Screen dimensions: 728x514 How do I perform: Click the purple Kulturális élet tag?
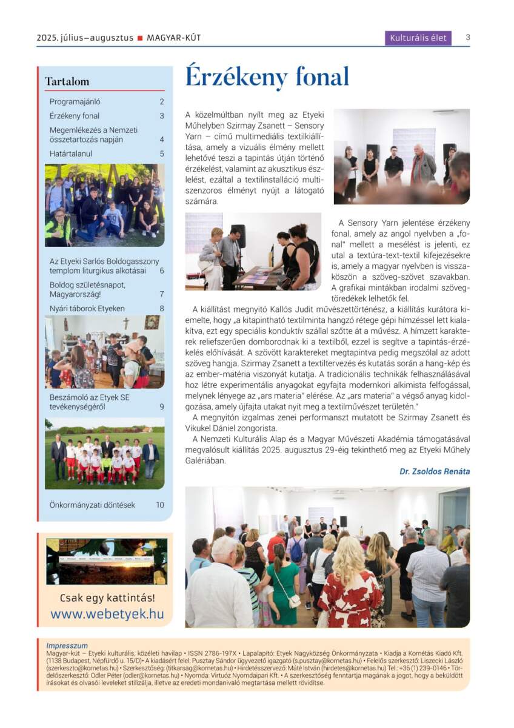[x=418, y=38]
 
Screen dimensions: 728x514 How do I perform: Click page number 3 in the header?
[x=468, y=38]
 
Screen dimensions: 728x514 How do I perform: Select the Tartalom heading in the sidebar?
[x=67, y=81]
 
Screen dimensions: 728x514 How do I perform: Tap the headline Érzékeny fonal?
[x=267, y=78]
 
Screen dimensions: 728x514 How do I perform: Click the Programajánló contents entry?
[x=75, y=102]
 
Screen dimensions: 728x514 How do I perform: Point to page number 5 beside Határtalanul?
[x=162, y=154]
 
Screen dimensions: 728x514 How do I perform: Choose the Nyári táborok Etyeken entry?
[x=87, y=308]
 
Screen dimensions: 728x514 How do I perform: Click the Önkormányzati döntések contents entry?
[x=92, y=505]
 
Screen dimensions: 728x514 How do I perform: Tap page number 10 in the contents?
[x=160, y=505]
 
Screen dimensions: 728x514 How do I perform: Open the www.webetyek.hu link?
[x=107, y=613]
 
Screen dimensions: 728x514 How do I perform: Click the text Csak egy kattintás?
[x=107, y=598]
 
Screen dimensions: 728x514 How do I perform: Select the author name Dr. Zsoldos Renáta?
[x=435, y=471]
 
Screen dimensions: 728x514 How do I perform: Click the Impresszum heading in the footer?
[x=67, y=645]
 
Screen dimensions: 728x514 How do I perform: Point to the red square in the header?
[x=140, y=38]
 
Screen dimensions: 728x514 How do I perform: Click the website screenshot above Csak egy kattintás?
[x=107, y=562]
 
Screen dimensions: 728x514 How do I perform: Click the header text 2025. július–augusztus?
[x=85, y=38]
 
